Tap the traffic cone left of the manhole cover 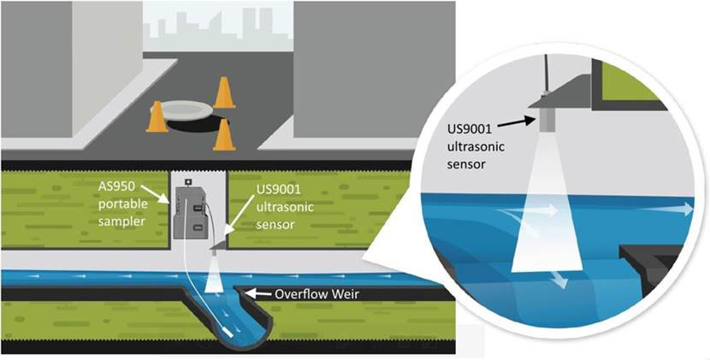coord(157,117)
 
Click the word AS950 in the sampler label coord(114,182)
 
